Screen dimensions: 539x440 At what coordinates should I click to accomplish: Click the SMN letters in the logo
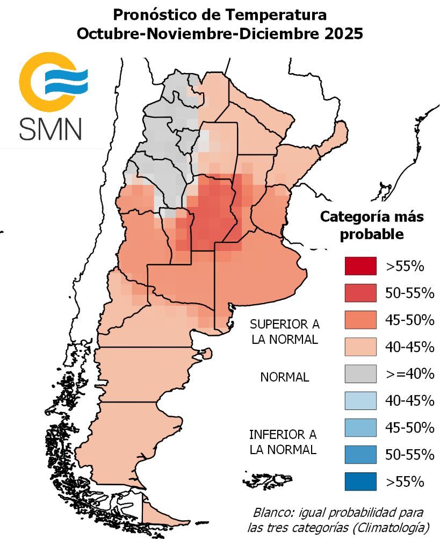click(51, 128)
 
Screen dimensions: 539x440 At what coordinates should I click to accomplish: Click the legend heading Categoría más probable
click(372, 226)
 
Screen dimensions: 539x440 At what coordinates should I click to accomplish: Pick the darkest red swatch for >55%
click(360, 265)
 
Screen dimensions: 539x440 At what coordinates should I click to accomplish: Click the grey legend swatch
click(360, 373)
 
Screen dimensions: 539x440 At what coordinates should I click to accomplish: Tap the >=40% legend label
click(410, 373)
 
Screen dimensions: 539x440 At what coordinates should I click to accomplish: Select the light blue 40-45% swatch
click(360, 400)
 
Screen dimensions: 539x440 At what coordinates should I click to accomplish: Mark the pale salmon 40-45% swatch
click(360, 347)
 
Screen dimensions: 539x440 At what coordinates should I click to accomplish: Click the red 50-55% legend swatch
click(360, 292)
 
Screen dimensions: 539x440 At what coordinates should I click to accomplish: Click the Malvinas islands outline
click(267, 479)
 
